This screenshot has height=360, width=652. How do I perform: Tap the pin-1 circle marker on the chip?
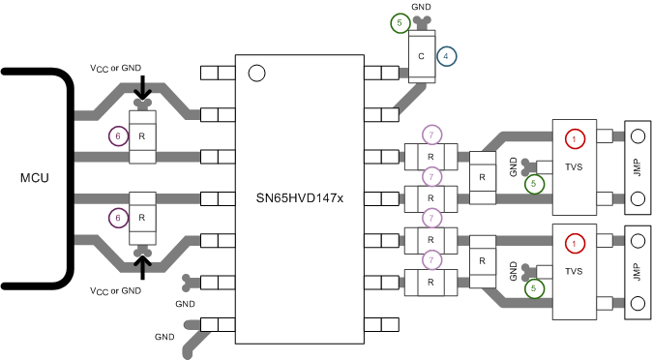[256, 73]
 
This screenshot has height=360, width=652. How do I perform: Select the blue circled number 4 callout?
[445, 56]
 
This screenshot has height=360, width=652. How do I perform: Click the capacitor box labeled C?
[421, 57]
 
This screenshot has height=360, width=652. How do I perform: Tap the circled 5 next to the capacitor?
[400, 23]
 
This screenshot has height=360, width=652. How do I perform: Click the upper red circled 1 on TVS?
[575, 139]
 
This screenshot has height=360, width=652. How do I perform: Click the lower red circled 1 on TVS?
[575, 243]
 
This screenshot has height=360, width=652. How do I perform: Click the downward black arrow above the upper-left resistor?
[143, 90]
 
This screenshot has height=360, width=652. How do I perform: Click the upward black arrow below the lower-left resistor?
[143, 264]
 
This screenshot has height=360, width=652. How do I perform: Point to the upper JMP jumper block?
[637, 168]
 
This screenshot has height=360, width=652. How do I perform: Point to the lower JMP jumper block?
[637, 271]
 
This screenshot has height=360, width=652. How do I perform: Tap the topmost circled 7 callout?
[432, 134]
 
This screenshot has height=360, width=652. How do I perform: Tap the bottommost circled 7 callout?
[432, 259]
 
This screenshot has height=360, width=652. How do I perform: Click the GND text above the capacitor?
[421, 6]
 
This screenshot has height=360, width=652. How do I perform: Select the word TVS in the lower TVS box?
[576, 269]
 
